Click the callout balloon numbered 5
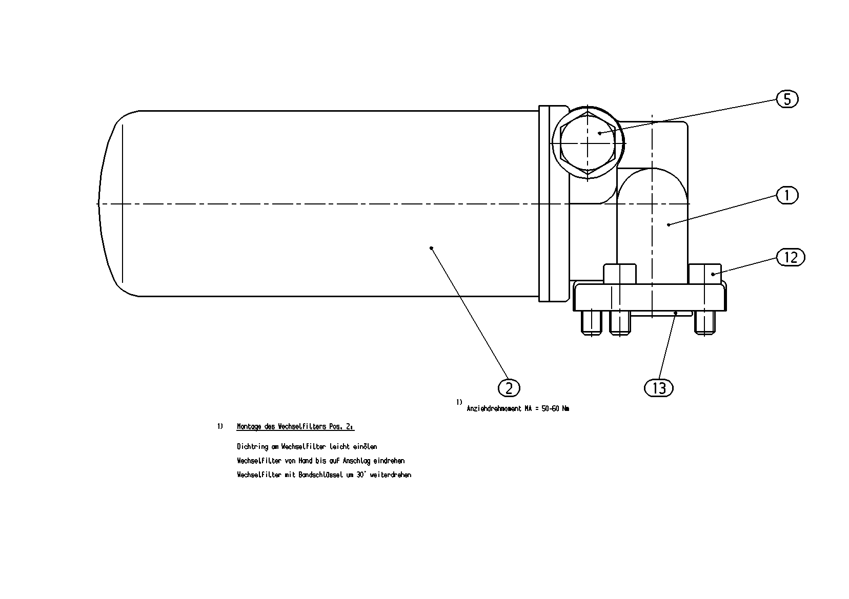click(x=787, y=99)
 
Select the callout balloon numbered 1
click(x=787, y=196)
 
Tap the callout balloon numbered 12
click(x=790, y=258)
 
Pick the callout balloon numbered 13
click(x=659, y=388)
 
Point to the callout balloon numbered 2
click(x=509, y=388)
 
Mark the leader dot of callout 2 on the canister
click(x=431, y=248)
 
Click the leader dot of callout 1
click(x=669, y=225)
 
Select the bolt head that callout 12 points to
click(x=704, y=274)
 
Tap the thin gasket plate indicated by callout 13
click(x=661, y=314)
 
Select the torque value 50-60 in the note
click(x=551, y=409)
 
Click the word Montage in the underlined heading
click(x=249, y=427)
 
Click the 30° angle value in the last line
click(x=361, y=474)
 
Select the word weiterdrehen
click(x=390, y=474)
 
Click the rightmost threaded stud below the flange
click(x=704, y=323)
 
